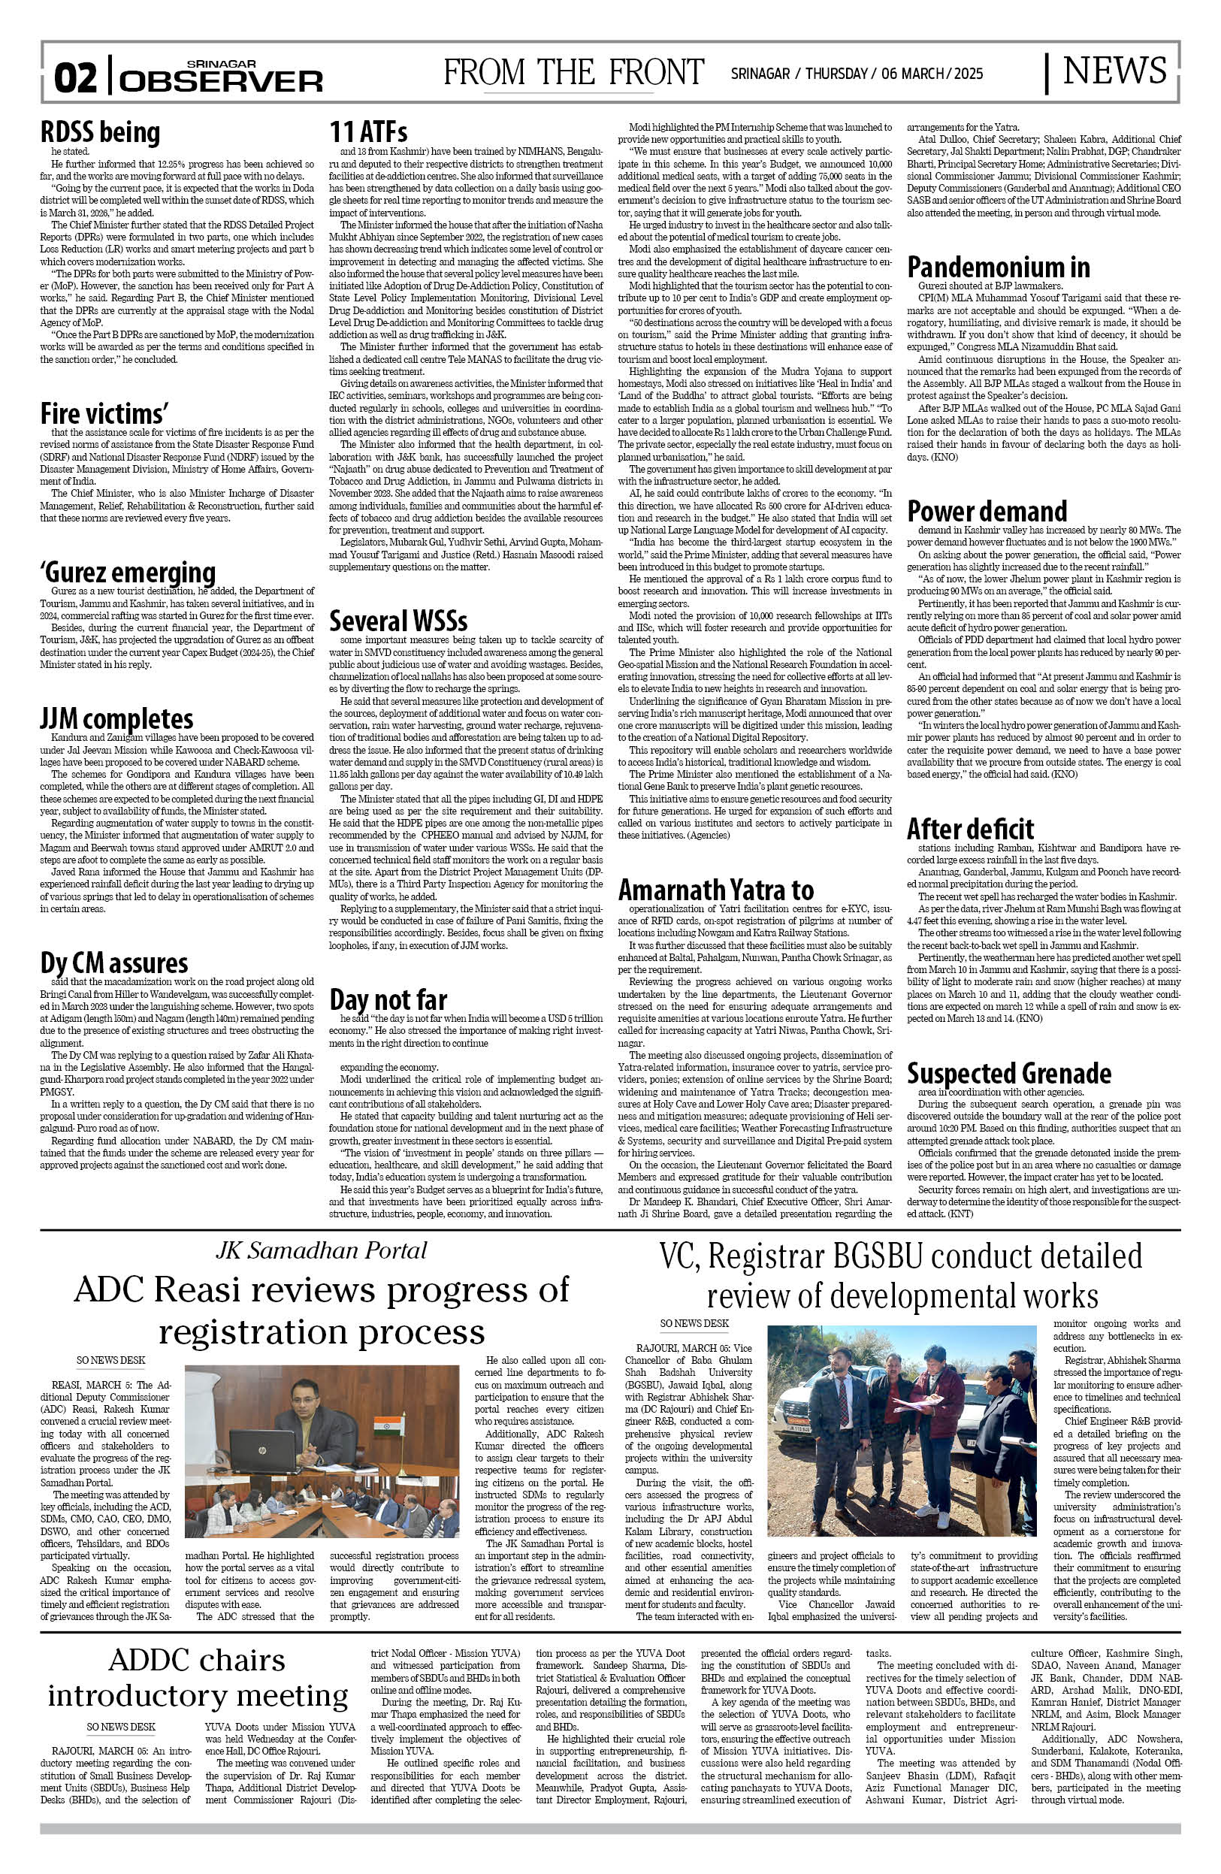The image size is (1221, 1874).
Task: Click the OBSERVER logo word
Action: pyautogui.click(x=222, y=81)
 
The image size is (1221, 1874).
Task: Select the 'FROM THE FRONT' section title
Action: pyautogui.click(x=573, y=72)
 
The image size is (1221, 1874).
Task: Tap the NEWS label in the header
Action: pyautogui.click(x=1114, y=71)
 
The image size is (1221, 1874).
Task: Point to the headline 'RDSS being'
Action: pyautogui.click(x=100, y=132)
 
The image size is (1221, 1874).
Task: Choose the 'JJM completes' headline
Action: pyautogui.click(x=116, y=718)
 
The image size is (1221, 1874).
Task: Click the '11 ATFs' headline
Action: pyautogui.click(x=367, y=132)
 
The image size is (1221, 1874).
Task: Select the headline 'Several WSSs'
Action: pyautogui.click(x=397, y=621)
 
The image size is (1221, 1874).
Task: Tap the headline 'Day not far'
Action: pyautogui.click(x=388, y=999)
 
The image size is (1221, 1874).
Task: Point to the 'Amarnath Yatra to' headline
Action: pyautogui.click(x=715, y=890)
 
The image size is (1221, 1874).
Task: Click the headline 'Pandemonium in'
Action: pyautogui.click(x=998, y=267)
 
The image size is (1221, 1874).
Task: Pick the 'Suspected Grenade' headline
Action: pyautogui.click(x=1008, y=1073)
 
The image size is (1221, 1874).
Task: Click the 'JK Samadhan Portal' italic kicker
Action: pyautogui.click(x=321, y=1250)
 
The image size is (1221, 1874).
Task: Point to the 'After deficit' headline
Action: pyautogui.click(x=970, y=828)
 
